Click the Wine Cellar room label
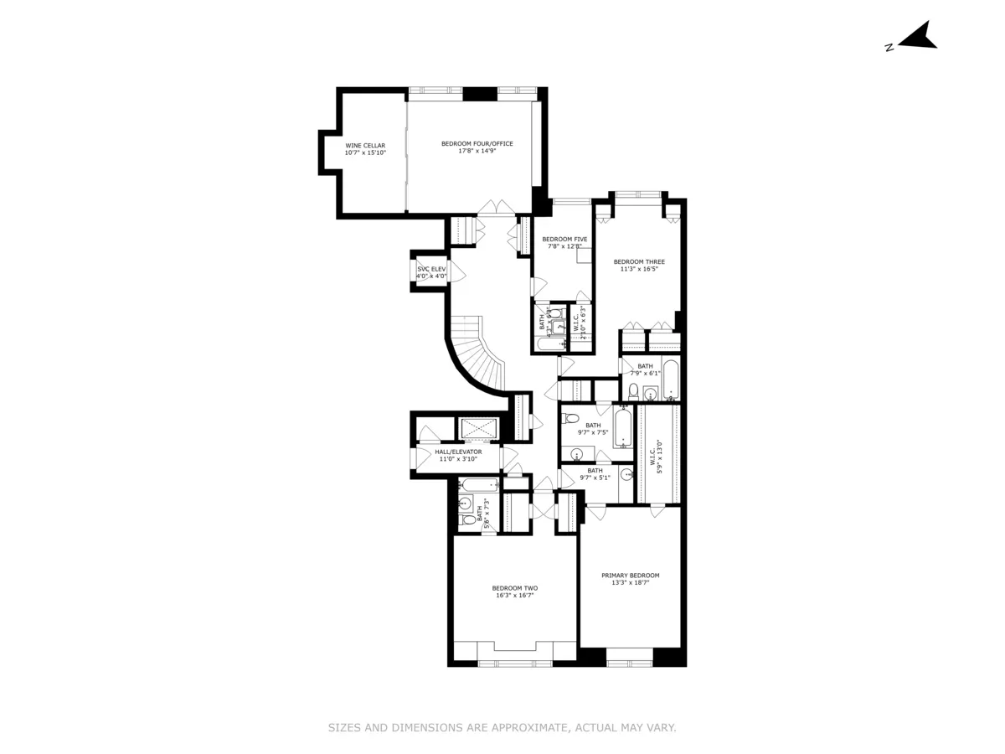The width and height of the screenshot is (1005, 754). point(365,145)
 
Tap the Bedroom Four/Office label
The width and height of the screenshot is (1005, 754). point(477,143)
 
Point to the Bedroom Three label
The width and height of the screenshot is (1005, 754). point(638,261)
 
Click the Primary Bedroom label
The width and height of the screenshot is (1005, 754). point(630,576)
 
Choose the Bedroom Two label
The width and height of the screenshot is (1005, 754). point(514,588)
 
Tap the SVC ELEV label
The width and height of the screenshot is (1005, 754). point(432,268)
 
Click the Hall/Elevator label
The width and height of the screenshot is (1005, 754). point(458,452)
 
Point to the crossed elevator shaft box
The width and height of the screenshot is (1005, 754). point(479,429)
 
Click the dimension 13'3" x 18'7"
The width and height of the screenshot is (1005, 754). point(630,582)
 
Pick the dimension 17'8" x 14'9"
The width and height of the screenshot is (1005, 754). point(477,151)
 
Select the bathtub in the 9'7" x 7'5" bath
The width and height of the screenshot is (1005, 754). point(622,427)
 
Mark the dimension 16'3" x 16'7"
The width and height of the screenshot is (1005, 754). point(514,595)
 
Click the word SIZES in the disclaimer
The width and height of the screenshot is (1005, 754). point(344,728)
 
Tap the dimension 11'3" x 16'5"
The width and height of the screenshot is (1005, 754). point(638,269)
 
